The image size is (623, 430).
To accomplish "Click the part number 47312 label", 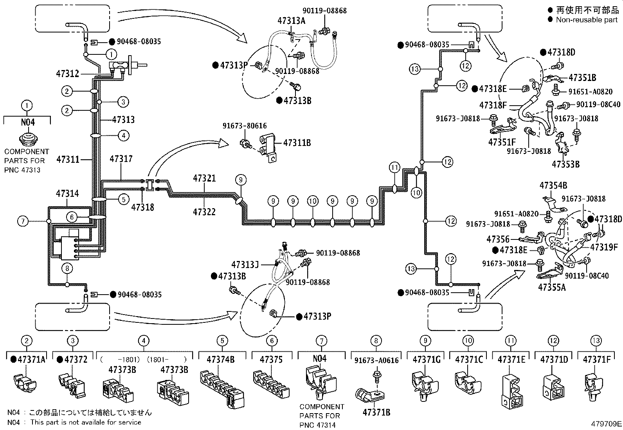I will [x=67, y=74].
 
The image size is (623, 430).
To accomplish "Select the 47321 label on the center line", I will [x=204, y=178].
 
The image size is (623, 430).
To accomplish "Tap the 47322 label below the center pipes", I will [x=204, y=212].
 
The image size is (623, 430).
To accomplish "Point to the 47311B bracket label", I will [x=297, y=143].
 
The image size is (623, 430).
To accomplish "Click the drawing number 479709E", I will [x=606, y=423].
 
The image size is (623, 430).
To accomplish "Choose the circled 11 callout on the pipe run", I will [x=395, y=168].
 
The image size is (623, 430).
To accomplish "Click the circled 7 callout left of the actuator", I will [x=23, y=221].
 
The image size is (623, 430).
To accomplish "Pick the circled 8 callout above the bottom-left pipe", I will [x=67, y=268].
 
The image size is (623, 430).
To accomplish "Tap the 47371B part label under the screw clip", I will [x=376, y=412].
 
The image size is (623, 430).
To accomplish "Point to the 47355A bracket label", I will [x=552, y=287].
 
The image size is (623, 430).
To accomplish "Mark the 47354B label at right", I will [x=553, y=185].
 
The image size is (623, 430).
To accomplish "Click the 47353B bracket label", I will [x=565, y=164].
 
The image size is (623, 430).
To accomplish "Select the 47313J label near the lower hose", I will [x=245, y=264].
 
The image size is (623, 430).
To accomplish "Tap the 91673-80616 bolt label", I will [x=245, y=126].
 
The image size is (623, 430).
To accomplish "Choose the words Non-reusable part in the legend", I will [x=586, y=20].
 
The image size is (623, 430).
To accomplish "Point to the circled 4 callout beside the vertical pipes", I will [x=123, y=136].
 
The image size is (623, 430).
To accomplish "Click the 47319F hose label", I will [x=604, y=247].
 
